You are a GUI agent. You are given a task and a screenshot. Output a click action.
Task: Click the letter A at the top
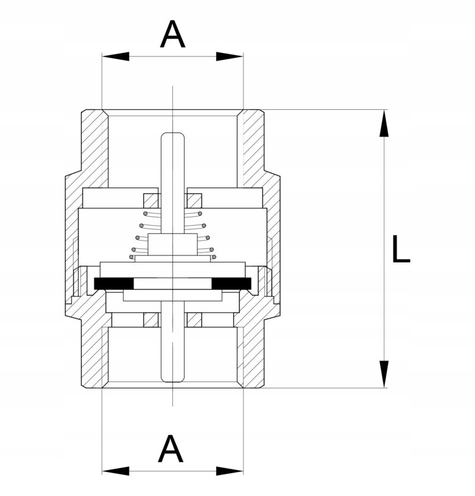pyautogui.click(x=172, y=34)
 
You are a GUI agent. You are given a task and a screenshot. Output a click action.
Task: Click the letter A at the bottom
pyautogui.click(x=171, y=448)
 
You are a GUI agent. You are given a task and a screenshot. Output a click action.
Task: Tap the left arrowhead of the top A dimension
pyautogui.click(x=116, y=56)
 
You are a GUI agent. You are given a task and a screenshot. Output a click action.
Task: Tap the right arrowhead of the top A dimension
pyautogui.click(x=230, y=56)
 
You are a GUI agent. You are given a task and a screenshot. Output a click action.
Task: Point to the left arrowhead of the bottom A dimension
pyautogui.click(x=116, y=471)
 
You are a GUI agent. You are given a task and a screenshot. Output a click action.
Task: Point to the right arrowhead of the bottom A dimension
pyautogui.click(x=230, y=471)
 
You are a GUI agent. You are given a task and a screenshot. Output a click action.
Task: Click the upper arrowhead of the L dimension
pyautogui.click(x=384, y=124)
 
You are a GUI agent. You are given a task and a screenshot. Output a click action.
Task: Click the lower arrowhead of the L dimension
pyautogui.click(x=384, y=374)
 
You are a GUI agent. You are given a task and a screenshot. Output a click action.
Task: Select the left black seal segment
pyautogui.click(x=114, y=283)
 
